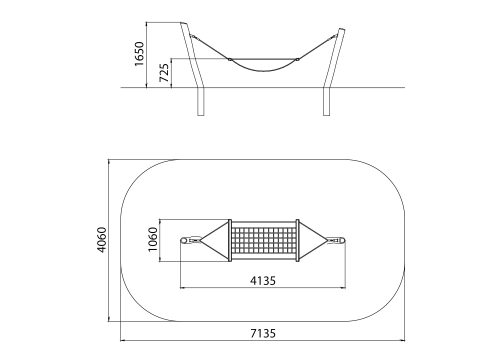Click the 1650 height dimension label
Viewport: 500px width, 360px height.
139,53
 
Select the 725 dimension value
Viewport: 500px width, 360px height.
164,72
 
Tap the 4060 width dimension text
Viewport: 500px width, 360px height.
101,240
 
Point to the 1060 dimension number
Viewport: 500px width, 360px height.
153,239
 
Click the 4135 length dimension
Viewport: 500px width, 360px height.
263,280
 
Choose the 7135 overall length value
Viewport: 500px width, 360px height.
263,333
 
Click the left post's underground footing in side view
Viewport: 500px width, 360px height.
201,101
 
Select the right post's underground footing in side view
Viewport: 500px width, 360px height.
326,101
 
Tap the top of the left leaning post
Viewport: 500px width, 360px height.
184,23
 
